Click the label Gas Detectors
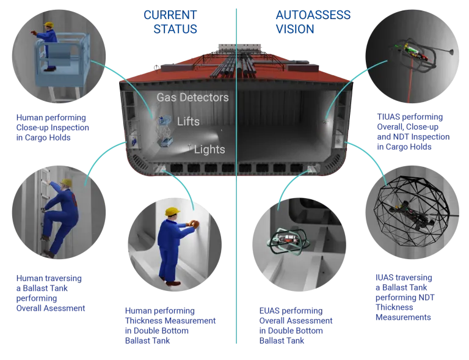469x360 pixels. pos(192,97)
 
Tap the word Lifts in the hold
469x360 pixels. pos(188,121)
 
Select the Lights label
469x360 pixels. pos(209,149)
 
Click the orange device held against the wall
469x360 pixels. pos(194,224)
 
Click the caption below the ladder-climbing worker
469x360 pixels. pos(49,293)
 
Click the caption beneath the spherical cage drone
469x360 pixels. pos(403,297)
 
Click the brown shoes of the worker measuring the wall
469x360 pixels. pos(173,282)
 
